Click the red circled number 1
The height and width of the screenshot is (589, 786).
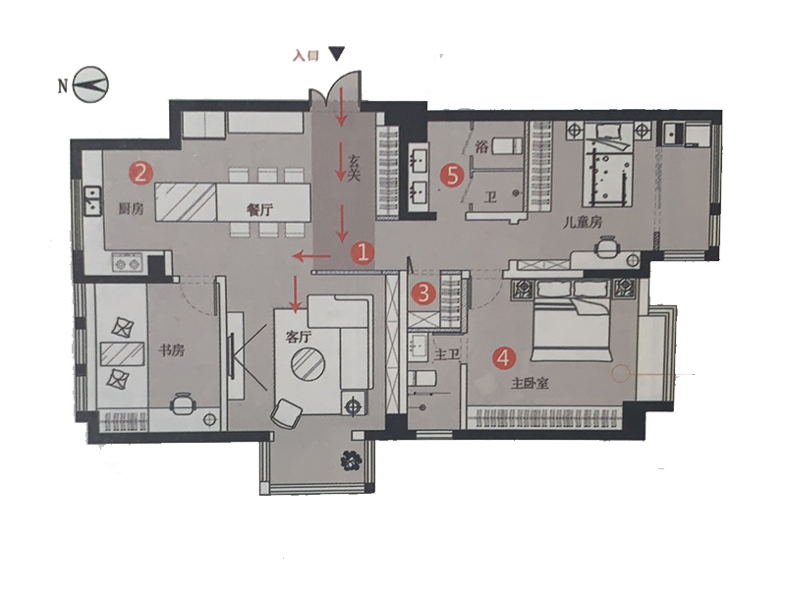(x=363, y=253)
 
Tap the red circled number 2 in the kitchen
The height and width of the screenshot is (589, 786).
(x=140, y=174)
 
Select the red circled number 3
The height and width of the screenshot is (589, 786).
(x=423, y=293)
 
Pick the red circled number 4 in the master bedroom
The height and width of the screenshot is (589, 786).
(x=504, y=358)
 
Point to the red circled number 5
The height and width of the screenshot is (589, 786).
(x=452, y=176)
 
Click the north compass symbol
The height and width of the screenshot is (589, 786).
(x=90, y=85)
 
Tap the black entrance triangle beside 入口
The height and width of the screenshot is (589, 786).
(x=337, y=54)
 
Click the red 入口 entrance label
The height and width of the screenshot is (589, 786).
(x=306, y=55)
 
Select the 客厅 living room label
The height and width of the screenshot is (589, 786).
(x=299, y=337)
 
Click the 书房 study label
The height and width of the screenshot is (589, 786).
(x=171, y=349)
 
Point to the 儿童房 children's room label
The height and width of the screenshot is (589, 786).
(x=582, y=223)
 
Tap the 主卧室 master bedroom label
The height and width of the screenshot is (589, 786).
(x=530, y=384)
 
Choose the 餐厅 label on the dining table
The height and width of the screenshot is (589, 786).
(x=260, y=210)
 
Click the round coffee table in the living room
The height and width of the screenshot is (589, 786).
(x=308, y=364)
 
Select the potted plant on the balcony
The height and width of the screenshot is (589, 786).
(x=351, y=461)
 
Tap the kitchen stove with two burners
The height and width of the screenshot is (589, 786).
(x=128, y=263)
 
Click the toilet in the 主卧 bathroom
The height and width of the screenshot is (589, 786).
(x=422, y=378)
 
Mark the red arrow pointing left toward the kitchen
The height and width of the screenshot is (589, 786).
(x=311, y=257)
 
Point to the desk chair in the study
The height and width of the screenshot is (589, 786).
(x=183, y=403)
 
